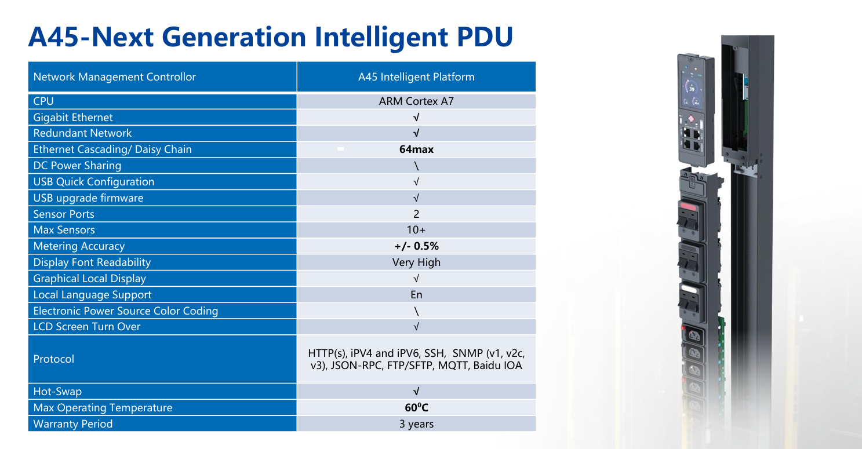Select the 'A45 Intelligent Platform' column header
(416, 77)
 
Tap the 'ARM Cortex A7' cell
(416, 101)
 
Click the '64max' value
(416, 149)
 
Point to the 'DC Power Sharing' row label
(77, 166)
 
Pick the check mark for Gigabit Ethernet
(416, 118)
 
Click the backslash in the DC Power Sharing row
(416, 166)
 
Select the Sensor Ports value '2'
(416, 214)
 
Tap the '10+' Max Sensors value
(416, 230)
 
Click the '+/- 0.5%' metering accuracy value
(416, 246)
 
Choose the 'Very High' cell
(416, 262)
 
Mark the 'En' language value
(416, 295)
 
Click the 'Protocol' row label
(53, 359)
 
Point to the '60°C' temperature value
(416, 407)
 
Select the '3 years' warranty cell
(416, 424)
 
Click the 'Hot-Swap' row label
(57, 391)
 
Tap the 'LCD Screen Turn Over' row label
(86, 327)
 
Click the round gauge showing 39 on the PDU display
(691, 87)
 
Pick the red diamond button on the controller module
(691, 119)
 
